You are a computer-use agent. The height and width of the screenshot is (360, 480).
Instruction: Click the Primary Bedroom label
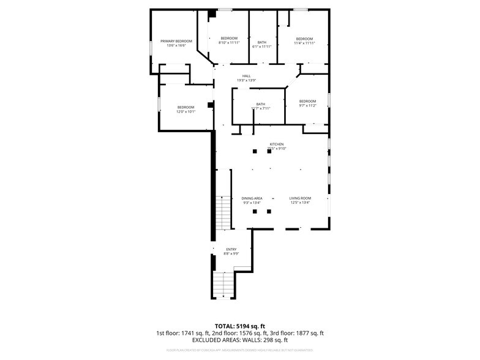click(176, 41)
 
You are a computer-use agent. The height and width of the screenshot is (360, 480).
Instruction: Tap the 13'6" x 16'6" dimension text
click(176, 46)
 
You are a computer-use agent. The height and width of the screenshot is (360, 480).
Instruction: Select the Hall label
click(246, 76)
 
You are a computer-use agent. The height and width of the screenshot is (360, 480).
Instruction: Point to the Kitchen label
click(277, 144)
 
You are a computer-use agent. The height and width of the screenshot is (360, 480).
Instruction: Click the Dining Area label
click(252, 198)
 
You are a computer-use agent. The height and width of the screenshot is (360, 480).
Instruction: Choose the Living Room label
click(300, 198)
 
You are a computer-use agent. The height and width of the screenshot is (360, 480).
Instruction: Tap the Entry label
click(231, 249)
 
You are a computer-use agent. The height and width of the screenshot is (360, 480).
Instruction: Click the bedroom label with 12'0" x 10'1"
click(186, 107)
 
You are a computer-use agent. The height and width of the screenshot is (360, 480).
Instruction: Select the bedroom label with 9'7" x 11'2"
click(307, 101)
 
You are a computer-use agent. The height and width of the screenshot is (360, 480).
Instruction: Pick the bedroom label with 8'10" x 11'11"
click(229, 39)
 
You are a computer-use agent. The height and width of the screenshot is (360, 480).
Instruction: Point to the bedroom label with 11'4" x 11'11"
click(304, 39)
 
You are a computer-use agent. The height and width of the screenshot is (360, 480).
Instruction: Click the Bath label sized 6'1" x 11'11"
click(262, 42)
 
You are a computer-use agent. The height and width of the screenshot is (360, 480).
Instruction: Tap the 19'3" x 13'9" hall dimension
click(246, 81)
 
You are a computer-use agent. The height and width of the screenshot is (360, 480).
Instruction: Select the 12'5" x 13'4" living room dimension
click(300, 203)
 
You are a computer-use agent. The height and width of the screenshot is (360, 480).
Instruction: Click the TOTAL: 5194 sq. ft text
click(240, 326)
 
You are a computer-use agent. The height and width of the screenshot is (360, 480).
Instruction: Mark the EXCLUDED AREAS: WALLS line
click(240, 340)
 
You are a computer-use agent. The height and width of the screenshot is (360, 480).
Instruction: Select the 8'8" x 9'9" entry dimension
click(231, 253)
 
